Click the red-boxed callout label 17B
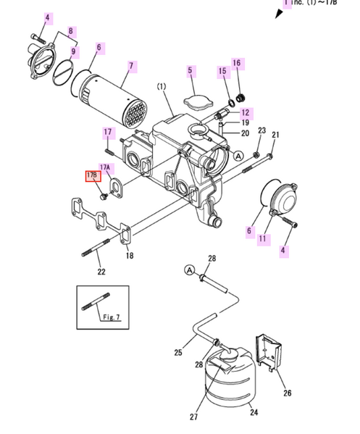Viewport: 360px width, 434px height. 92,176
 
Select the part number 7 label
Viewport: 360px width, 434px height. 131,67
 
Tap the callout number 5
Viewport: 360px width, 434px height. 191,70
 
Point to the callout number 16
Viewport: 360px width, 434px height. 236,64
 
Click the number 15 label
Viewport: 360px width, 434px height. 223,70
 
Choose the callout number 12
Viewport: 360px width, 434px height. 245,113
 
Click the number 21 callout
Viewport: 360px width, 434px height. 275,135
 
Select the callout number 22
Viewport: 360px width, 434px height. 101,272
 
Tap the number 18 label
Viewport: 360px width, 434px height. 129,256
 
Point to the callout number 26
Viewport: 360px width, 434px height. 287,393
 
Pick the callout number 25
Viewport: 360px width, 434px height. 178,354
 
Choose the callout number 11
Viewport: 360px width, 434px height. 263,238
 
